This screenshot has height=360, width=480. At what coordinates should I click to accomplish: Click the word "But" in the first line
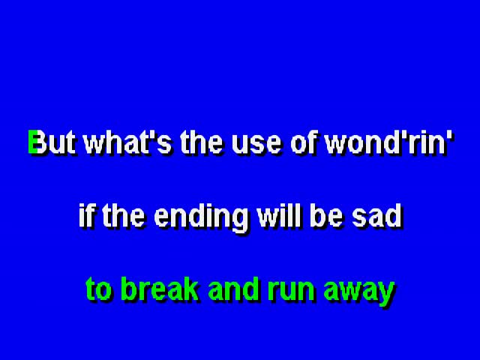[52, 142]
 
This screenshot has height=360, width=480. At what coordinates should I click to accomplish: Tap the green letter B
[33, 142]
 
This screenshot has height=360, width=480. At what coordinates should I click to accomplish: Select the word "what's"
[127, 142]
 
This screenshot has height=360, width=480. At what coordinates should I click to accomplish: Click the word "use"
[256, 145]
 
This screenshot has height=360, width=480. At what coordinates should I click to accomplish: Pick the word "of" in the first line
[305, 142]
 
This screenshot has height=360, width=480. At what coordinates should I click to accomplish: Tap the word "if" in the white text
[86, 215]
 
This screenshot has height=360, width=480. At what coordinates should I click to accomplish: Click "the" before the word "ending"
[123, 215]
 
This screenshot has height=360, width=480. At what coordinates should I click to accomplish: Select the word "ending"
[201, 218]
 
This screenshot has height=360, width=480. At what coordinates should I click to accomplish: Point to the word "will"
[279, 215]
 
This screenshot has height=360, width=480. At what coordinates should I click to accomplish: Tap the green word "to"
[98, 289]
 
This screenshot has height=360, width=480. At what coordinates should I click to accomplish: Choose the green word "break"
[160, 289]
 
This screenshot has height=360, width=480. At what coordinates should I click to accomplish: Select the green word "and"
[233, 289]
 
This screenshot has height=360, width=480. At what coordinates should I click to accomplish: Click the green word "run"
[291, 292]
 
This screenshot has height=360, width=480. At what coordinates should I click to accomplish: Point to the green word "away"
[359, 292]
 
